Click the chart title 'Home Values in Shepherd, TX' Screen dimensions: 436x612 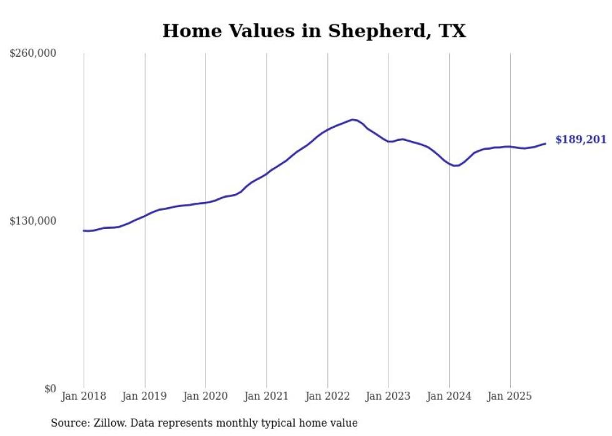coord(314,31)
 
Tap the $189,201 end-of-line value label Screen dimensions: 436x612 coord(581,139)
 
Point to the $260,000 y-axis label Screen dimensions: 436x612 coord(33,54)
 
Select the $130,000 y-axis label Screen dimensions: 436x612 coord(33,221)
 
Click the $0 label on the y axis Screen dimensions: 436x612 coord(50,389)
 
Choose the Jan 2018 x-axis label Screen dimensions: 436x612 coord(84,396)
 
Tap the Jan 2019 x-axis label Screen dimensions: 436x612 coord(145,396)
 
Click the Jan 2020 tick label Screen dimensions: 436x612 coord(205,396)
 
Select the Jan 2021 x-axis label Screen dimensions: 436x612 coord(267,396)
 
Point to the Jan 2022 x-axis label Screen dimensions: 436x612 coord(327,396)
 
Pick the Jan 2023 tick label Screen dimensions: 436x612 coord(388,396)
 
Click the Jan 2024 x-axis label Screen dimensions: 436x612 coord(449,396)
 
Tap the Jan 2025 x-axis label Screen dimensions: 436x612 coord(510,396)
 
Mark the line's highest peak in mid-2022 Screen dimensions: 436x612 coord(353,119)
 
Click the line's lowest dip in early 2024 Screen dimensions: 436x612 coord(455,165)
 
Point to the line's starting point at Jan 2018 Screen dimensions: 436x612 coord(84,231)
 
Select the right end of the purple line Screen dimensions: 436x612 coord(545,143)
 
